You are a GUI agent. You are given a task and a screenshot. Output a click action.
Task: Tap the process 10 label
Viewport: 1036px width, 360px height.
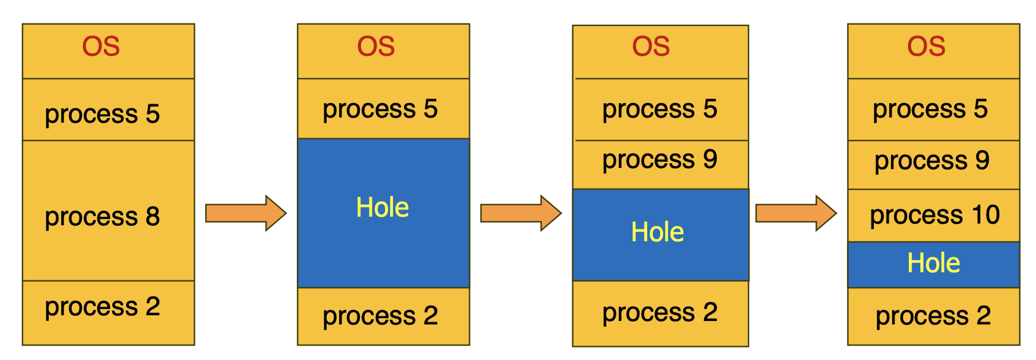pyautogui.click(x=934, y=216)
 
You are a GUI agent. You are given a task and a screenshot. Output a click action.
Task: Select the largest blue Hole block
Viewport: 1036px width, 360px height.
pyautogui.click(x=383, y=213)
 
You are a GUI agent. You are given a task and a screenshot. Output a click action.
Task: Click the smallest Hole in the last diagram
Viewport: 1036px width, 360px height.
pyautogui.click(x=933, y=264)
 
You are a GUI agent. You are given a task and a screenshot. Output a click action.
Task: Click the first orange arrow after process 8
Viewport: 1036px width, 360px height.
pyautogui.click(x=245, y=213)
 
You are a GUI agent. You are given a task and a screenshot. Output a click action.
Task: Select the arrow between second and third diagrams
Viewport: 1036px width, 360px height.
pyautogui.click(x=520, y=213)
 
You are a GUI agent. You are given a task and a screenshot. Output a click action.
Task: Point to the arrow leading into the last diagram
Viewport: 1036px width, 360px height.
pyautogui.click(x=795, y=213)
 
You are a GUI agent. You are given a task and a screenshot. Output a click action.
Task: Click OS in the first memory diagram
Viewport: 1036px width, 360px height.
pyautogui.click(x=101, y=47)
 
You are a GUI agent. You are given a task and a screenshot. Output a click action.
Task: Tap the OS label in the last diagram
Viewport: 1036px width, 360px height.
pyautogui.click(x=926, y=47)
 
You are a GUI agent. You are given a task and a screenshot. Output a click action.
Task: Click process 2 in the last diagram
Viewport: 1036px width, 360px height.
pyautogui.click(x=933, y=316)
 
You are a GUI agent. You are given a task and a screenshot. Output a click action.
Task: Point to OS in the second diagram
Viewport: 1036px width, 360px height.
pyautogui.click(x=376, y=47)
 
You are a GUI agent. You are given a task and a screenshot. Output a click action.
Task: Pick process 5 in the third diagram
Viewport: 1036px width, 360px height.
pyautogui.click(x=660, y=109)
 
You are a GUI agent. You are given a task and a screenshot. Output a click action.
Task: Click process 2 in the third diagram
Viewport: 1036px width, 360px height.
pyautogui.click(x=660, y=313)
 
